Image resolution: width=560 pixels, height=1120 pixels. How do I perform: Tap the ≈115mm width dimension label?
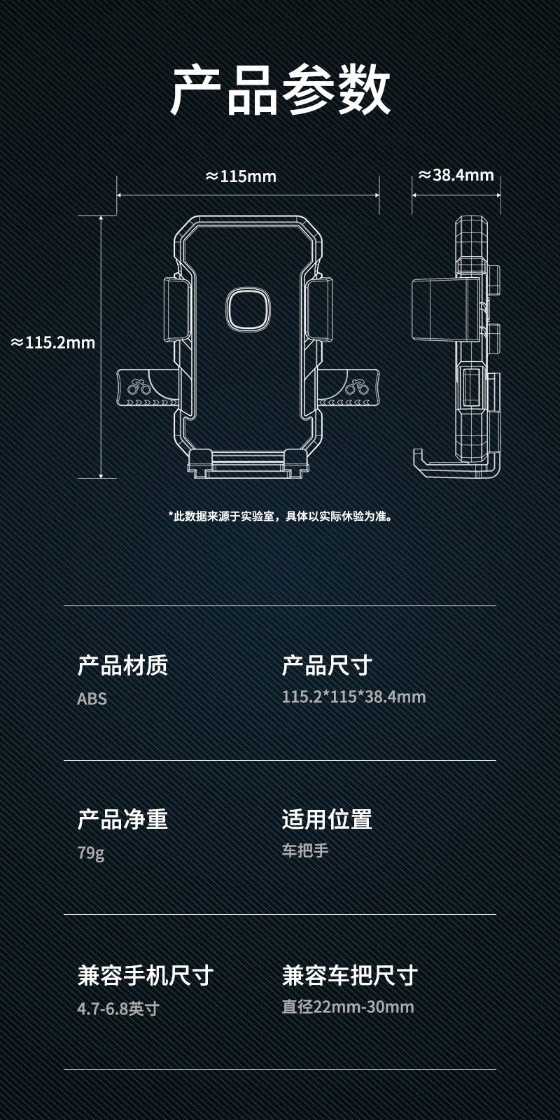241,176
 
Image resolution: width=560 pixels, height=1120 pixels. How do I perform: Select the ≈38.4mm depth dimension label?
456,175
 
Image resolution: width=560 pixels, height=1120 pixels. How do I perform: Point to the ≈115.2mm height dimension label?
53,342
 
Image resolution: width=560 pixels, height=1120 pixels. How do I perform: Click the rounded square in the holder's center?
248,309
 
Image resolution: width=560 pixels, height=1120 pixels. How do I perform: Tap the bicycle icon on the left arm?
139,386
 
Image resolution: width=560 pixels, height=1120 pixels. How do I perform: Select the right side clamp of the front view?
319,309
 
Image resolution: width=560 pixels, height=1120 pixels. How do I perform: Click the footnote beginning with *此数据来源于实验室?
280,517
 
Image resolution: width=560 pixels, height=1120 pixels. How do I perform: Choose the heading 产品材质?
122,665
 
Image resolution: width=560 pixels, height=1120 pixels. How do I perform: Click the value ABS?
92,699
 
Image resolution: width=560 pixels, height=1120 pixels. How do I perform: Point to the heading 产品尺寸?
327,665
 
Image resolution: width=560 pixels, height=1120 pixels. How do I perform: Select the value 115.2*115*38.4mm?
353,696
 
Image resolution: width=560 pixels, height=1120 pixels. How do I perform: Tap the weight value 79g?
90,853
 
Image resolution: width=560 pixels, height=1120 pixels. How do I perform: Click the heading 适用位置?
327,819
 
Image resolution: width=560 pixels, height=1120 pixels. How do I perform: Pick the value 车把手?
304,850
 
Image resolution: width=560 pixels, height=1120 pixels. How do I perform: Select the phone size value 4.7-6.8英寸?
118,1009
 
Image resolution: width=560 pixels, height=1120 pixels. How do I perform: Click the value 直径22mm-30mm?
348,1007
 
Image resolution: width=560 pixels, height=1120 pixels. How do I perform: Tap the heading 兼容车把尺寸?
349,974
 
